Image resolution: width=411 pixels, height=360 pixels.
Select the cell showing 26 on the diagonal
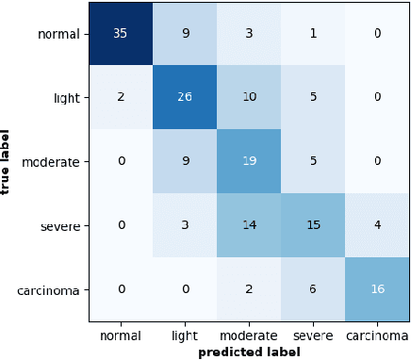coord(185,98)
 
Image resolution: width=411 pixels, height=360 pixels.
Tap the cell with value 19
coord(249,162)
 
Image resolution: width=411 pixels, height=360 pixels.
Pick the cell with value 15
coord(313,226)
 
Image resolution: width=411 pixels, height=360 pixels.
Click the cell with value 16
coord(377,289)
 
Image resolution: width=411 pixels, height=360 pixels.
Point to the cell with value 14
coord(249,226)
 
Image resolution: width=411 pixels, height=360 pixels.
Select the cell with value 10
coord(249,98)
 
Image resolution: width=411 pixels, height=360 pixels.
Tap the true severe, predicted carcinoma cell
coord(377,226)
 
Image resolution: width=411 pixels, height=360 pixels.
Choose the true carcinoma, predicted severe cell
coord(313,289)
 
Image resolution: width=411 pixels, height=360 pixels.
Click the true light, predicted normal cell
coord(121,98)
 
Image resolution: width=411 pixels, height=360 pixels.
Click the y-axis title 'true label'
coord(8,162)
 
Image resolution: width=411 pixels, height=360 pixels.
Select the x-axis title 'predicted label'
coord(249,352)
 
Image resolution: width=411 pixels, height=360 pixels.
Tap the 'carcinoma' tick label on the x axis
coord(377,334)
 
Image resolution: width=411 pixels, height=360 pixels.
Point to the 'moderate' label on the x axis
coord(249,334)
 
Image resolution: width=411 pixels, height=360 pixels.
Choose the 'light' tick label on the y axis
coord(69,98)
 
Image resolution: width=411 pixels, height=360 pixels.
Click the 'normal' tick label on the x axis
coord(121,334)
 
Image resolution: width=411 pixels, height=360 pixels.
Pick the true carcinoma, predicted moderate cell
coord(249,289)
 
